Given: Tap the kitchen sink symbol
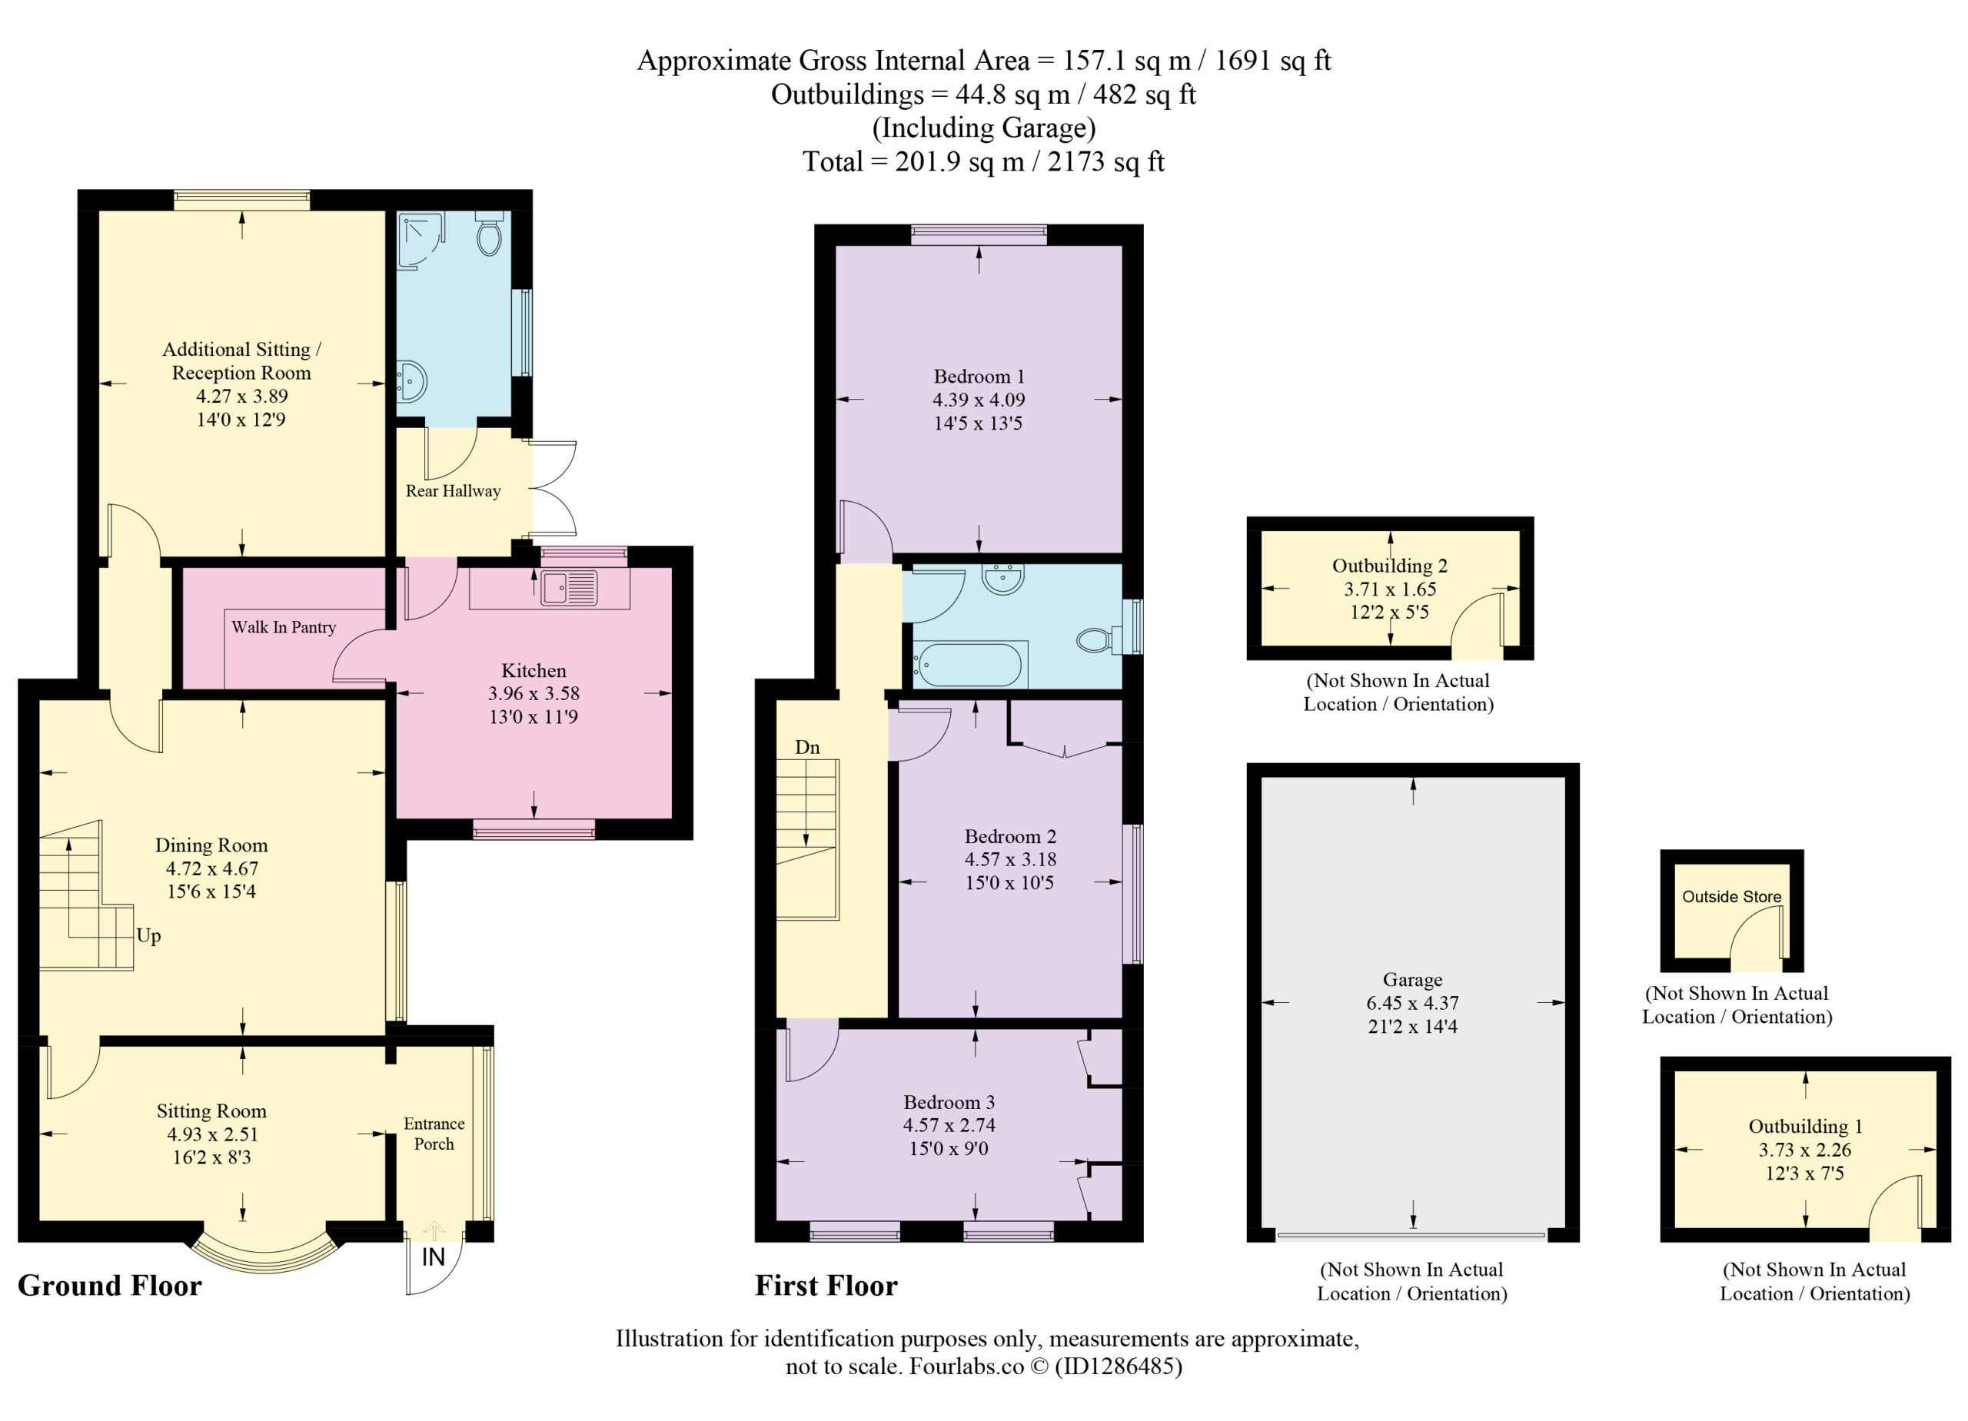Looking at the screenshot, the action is click(x=569, y=587).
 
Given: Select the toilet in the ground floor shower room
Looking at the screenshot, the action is click(x=490, y=234).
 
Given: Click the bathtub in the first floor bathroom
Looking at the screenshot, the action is click(x=970, y=664).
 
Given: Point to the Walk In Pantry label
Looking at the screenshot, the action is click(x=284, y=627).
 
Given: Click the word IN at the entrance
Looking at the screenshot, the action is click(x=433, y=1257).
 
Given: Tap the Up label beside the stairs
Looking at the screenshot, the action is click(x=148, y=936).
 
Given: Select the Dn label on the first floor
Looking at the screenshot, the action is click(x=807, y=747).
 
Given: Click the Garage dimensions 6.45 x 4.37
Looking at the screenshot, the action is click(x=1413, y=1003).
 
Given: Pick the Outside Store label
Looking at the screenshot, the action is click(x=1732, y=897).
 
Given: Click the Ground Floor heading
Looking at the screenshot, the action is click(x=109, y=1286).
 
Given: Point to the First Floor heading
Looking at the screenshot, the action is click(x=826, y=1286).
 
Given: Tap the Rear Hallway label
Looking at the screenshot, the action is click(x=453, y=491).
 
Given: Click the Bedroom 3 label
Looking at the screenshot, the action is click(x=949, y=1102).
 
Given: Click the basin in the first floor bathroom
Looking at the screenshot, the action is click(x=1003, y=579).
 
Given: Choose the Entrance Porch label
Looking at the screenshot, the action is click(x=434, y=1134).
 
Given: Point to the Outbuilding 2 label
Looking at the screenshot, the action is click(x=1389, y=566).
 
